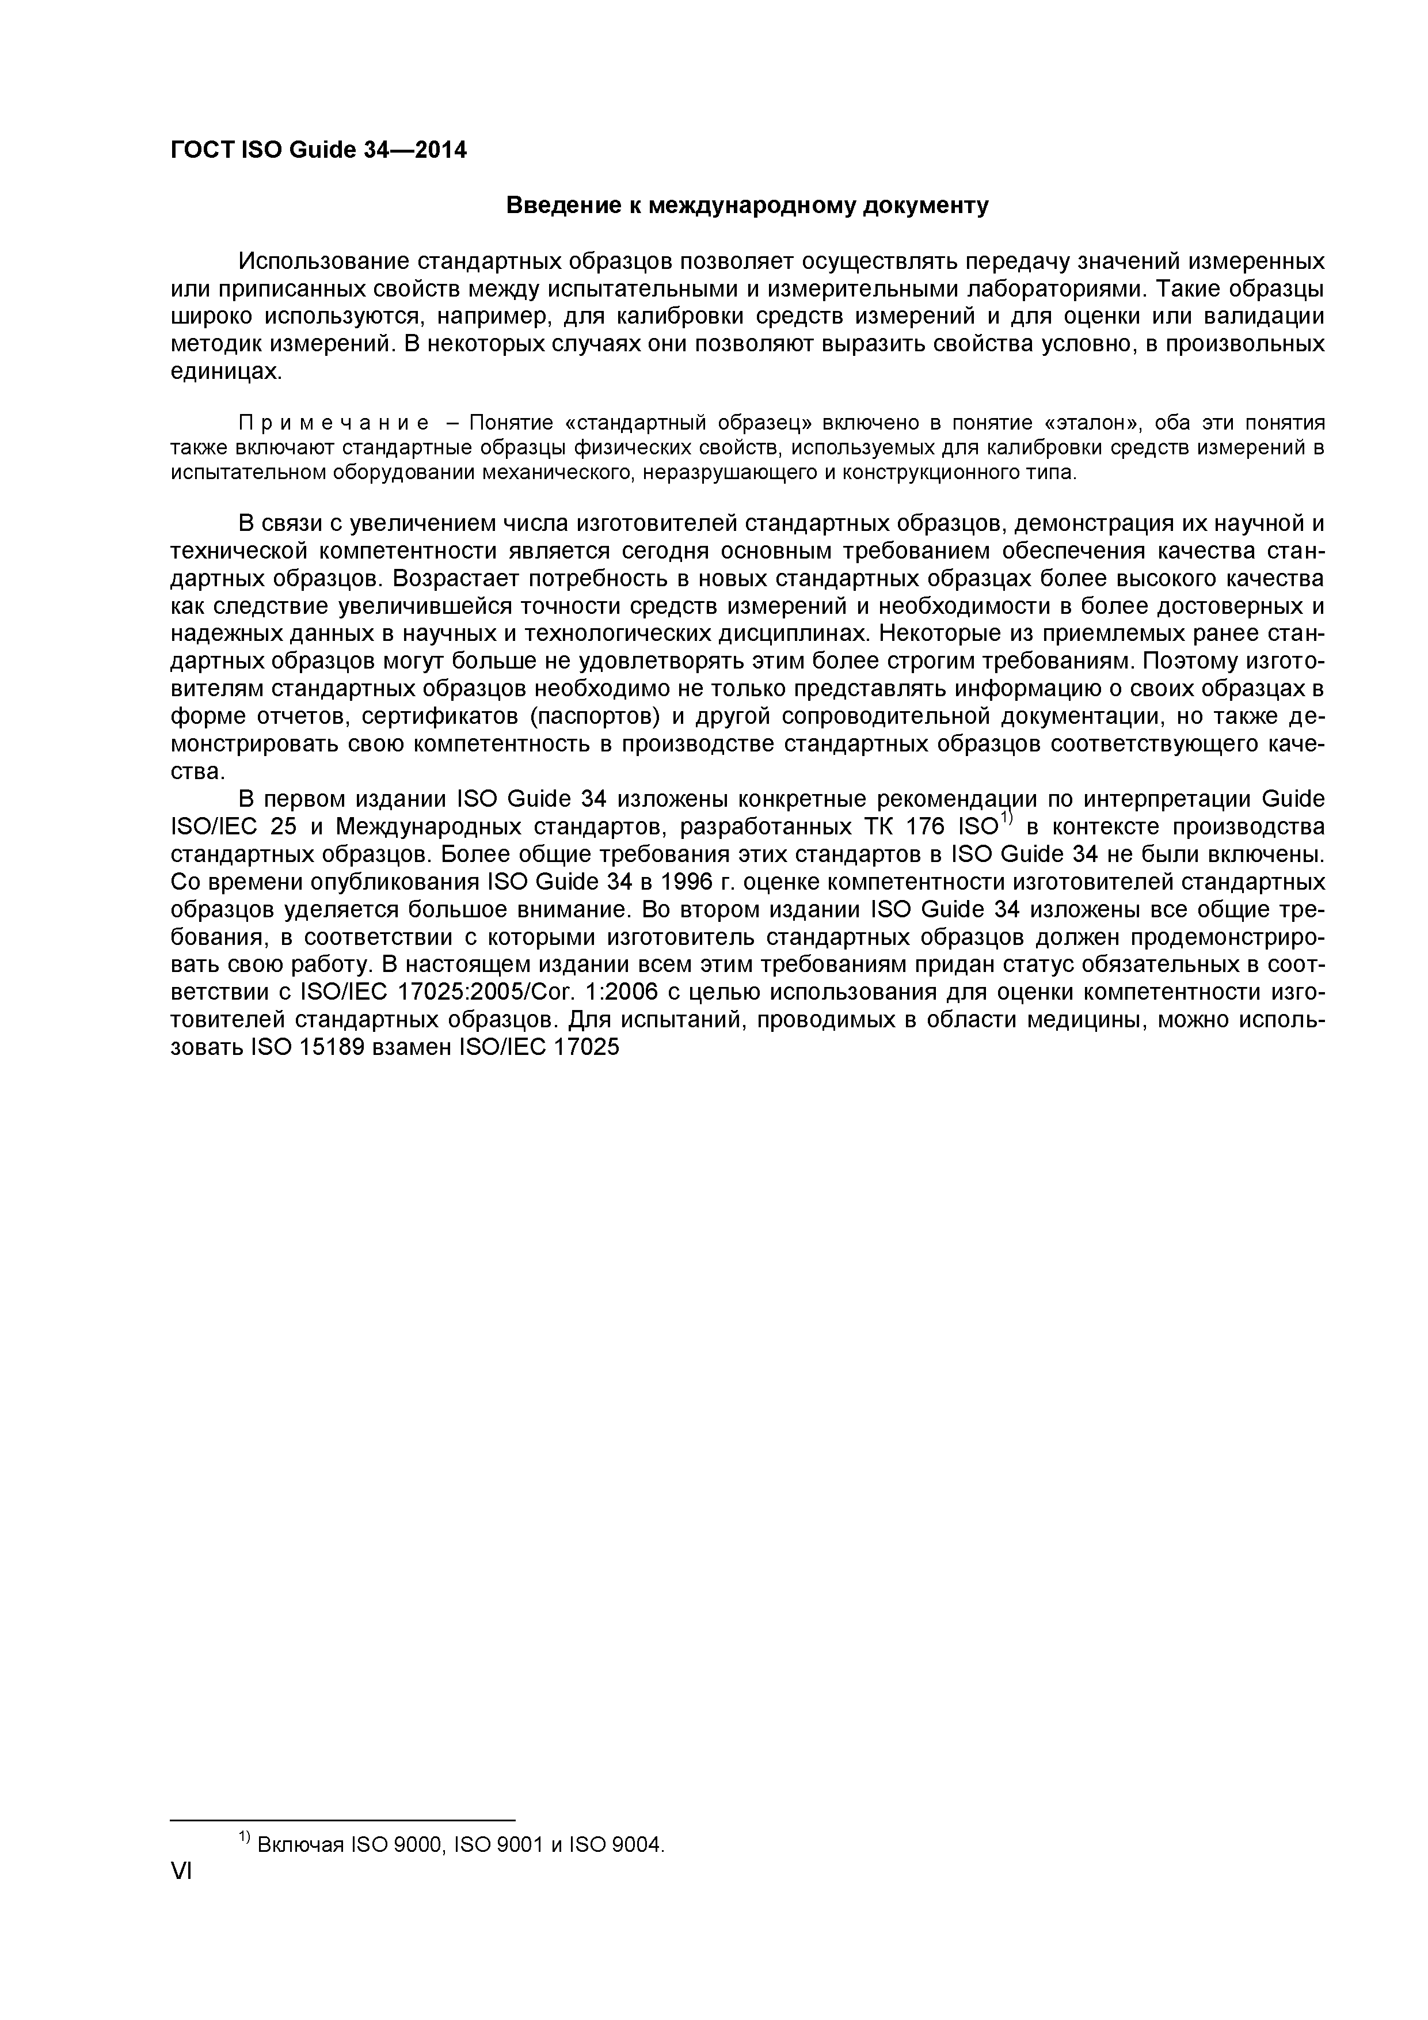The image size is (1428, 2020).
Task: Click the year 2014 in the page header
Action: [440, 150]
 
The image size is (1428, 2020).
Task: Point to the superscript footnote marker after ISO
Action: [1008, 820]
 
